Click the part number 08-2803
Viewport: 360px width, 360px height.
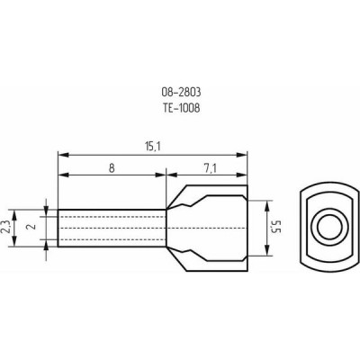(181, 93)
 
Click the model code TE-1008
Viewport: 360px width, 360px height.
(181, 108)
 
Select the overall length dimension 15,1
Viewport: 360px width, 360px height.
(153, 147)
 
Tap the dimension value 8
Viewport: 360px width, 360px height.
(112, 168)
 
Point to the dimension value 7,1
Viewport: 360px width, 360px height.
(211, 169)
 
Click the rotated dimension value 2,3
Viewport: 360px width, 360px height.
(6, 227)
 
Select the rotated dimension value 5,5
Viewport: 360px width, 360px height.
(275, 228)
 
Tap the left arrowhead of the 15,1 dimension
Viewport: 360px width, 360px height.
(63, 155)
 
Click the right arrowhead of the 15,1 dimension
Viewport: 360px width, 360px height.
(242, 155)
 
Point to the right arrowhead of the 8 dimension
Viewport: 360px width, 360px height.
(160, 175)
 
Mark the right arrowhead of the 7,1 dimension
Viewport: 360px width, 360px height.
(242, 175)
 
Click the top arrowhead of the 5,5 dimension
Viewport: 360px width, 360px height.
(267, 206)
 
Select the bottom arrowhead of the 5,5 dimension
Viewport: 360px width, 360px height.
(267, 250)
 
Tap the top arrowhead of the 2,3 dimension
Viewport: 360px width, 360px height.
(13, 215)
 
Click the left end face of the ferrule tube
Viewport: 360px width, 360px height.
(58, 228)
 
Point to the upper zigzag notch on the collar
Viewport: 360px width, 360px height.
(184, 205)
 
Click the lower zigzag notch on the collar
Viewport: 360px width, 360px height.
(184, 251)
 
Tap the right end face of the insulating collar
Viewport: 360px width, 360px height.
(247, 228)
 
